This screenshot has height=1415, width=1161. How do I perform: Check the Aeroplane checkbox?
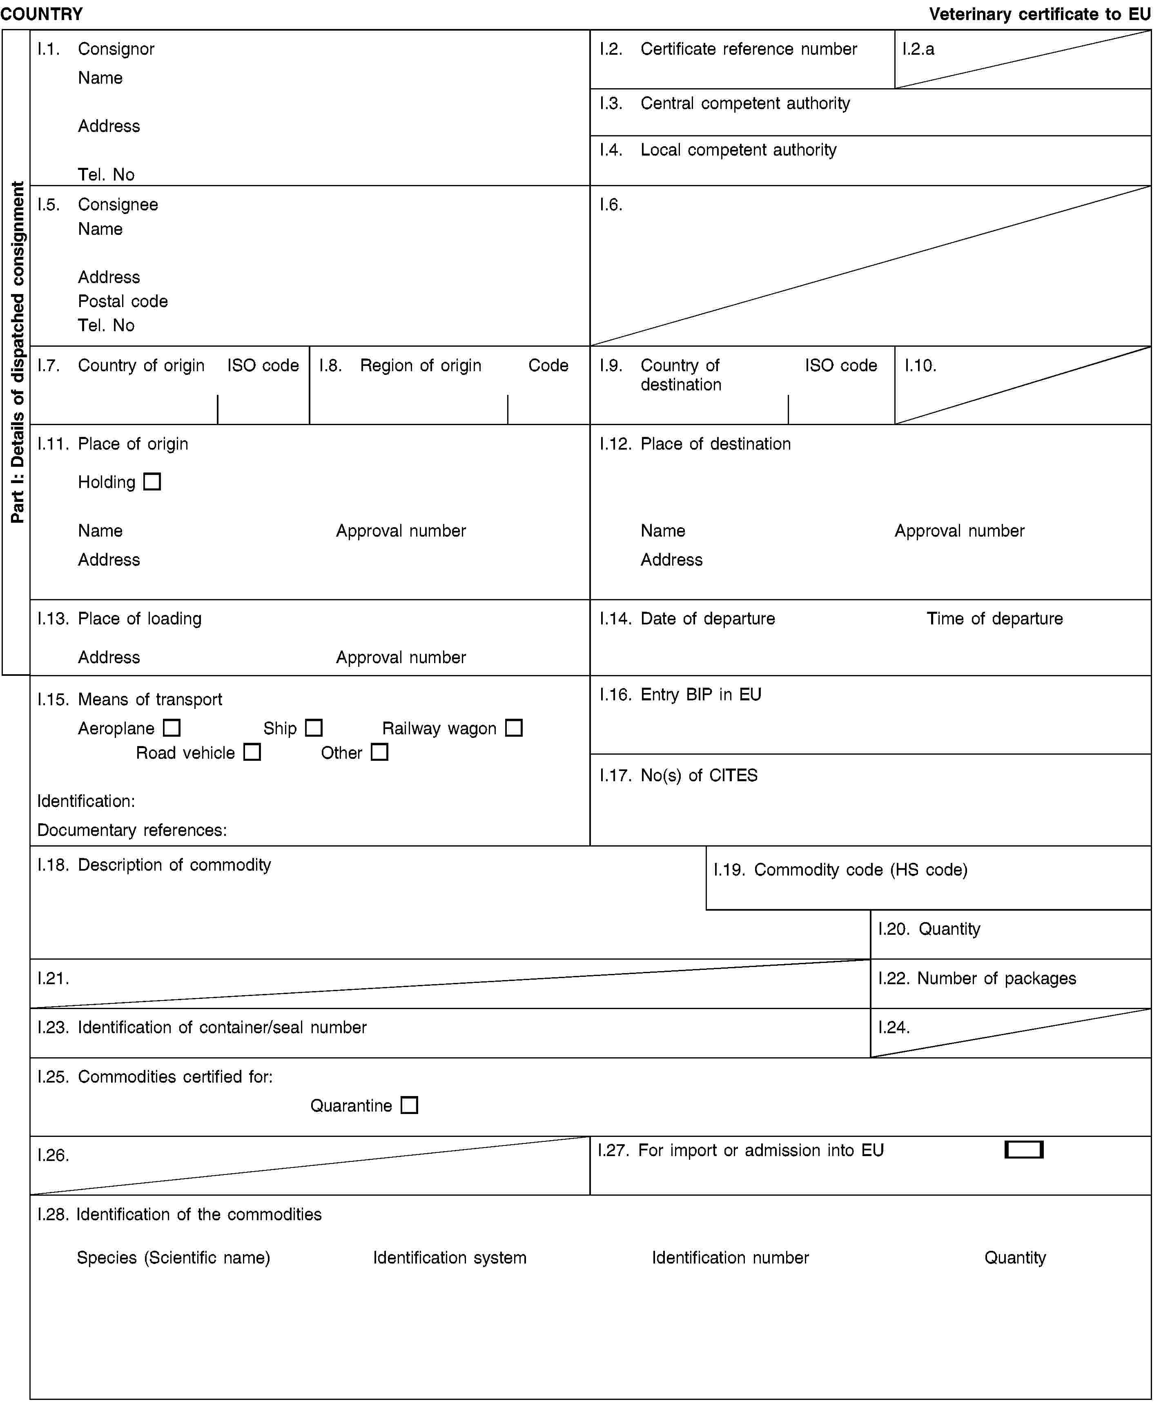(x=172, y=728)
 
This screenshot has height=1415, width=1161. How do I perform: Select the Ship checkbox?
(x=314, y=728)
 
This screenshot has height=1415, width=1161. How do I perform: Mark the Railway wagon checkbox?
(x=514, y=728)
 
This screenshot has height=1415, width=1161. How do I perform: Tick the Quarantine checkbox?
(x=409, y=1105)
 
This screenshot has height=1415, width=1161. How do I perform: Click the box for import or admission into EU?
(x=1024, y=1150)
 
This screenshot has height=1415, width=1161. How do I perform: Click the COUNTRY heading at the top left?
(x=42, y=14)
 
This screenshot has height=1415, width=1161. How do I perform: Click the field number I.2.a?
(x=918, y=49)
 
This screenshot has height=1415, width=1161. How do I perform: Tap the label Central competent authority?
(x=745, y=104)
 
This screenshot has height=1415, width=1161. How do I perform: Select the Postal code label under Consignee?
(x=123, y=302)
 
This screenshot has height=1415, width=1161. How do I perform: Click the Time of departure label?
(x=994, y=619)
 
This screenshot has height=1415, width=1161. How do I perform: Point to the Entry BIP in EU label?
(x=701, y=695)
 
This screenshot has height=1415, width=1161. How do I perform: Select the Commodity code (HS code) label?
(x=861, y=870)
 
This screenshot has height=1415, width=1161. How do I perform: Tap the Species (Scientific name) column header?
(x=173, y=1258)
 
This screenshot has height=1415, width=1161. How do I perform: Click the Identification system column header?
(x=450, y=1258)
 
